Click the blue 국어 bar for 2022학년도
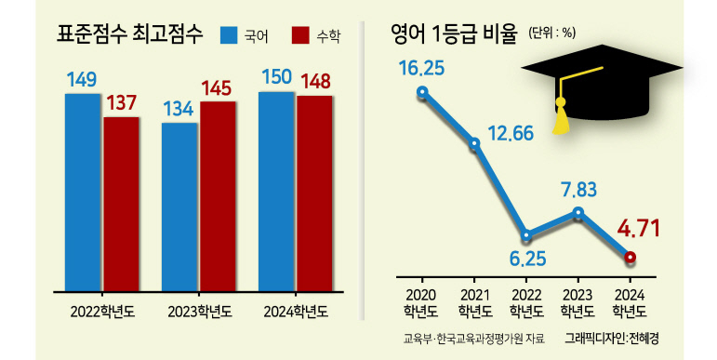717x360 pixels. (x=83, y=193)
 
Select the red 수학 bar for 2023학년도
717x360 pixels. (x=218, y=196)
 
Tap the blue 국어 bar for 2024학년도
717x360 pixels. (x=276, y=192)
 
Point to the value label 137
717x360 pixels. (x=122, y=103)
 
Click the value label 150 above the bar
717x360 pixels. (x=276, y=77)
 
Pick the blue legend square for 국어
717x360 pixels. (x=229, y=35)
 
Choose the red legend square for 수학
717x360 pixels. (x=300, y=35)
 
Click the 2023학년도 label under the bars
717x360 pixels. (x=199, y=312)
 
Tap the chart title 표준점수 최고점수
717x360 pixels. (x=129, y=34)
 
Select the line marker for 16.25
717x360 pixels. (x=422, y=92)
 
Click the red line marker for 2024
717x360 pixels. (x=630, y=258)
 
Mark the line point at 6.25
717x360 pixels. (x=526, y=235)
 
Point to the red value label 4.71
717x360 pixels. (x=639, y=229)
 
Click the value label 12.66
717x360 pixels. (x=511, y=134)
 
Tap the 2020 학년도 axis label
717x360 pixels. (x=420, y=303)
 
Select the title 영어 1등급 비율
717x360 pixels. (x=454, y=34)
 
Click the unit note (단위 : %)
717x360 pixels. (x=551, y=33)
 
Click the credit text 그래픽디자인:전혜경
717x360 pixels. (x=611, y=339)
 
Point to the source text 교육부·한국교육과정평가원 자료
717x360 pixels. (x=474, y=339)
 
